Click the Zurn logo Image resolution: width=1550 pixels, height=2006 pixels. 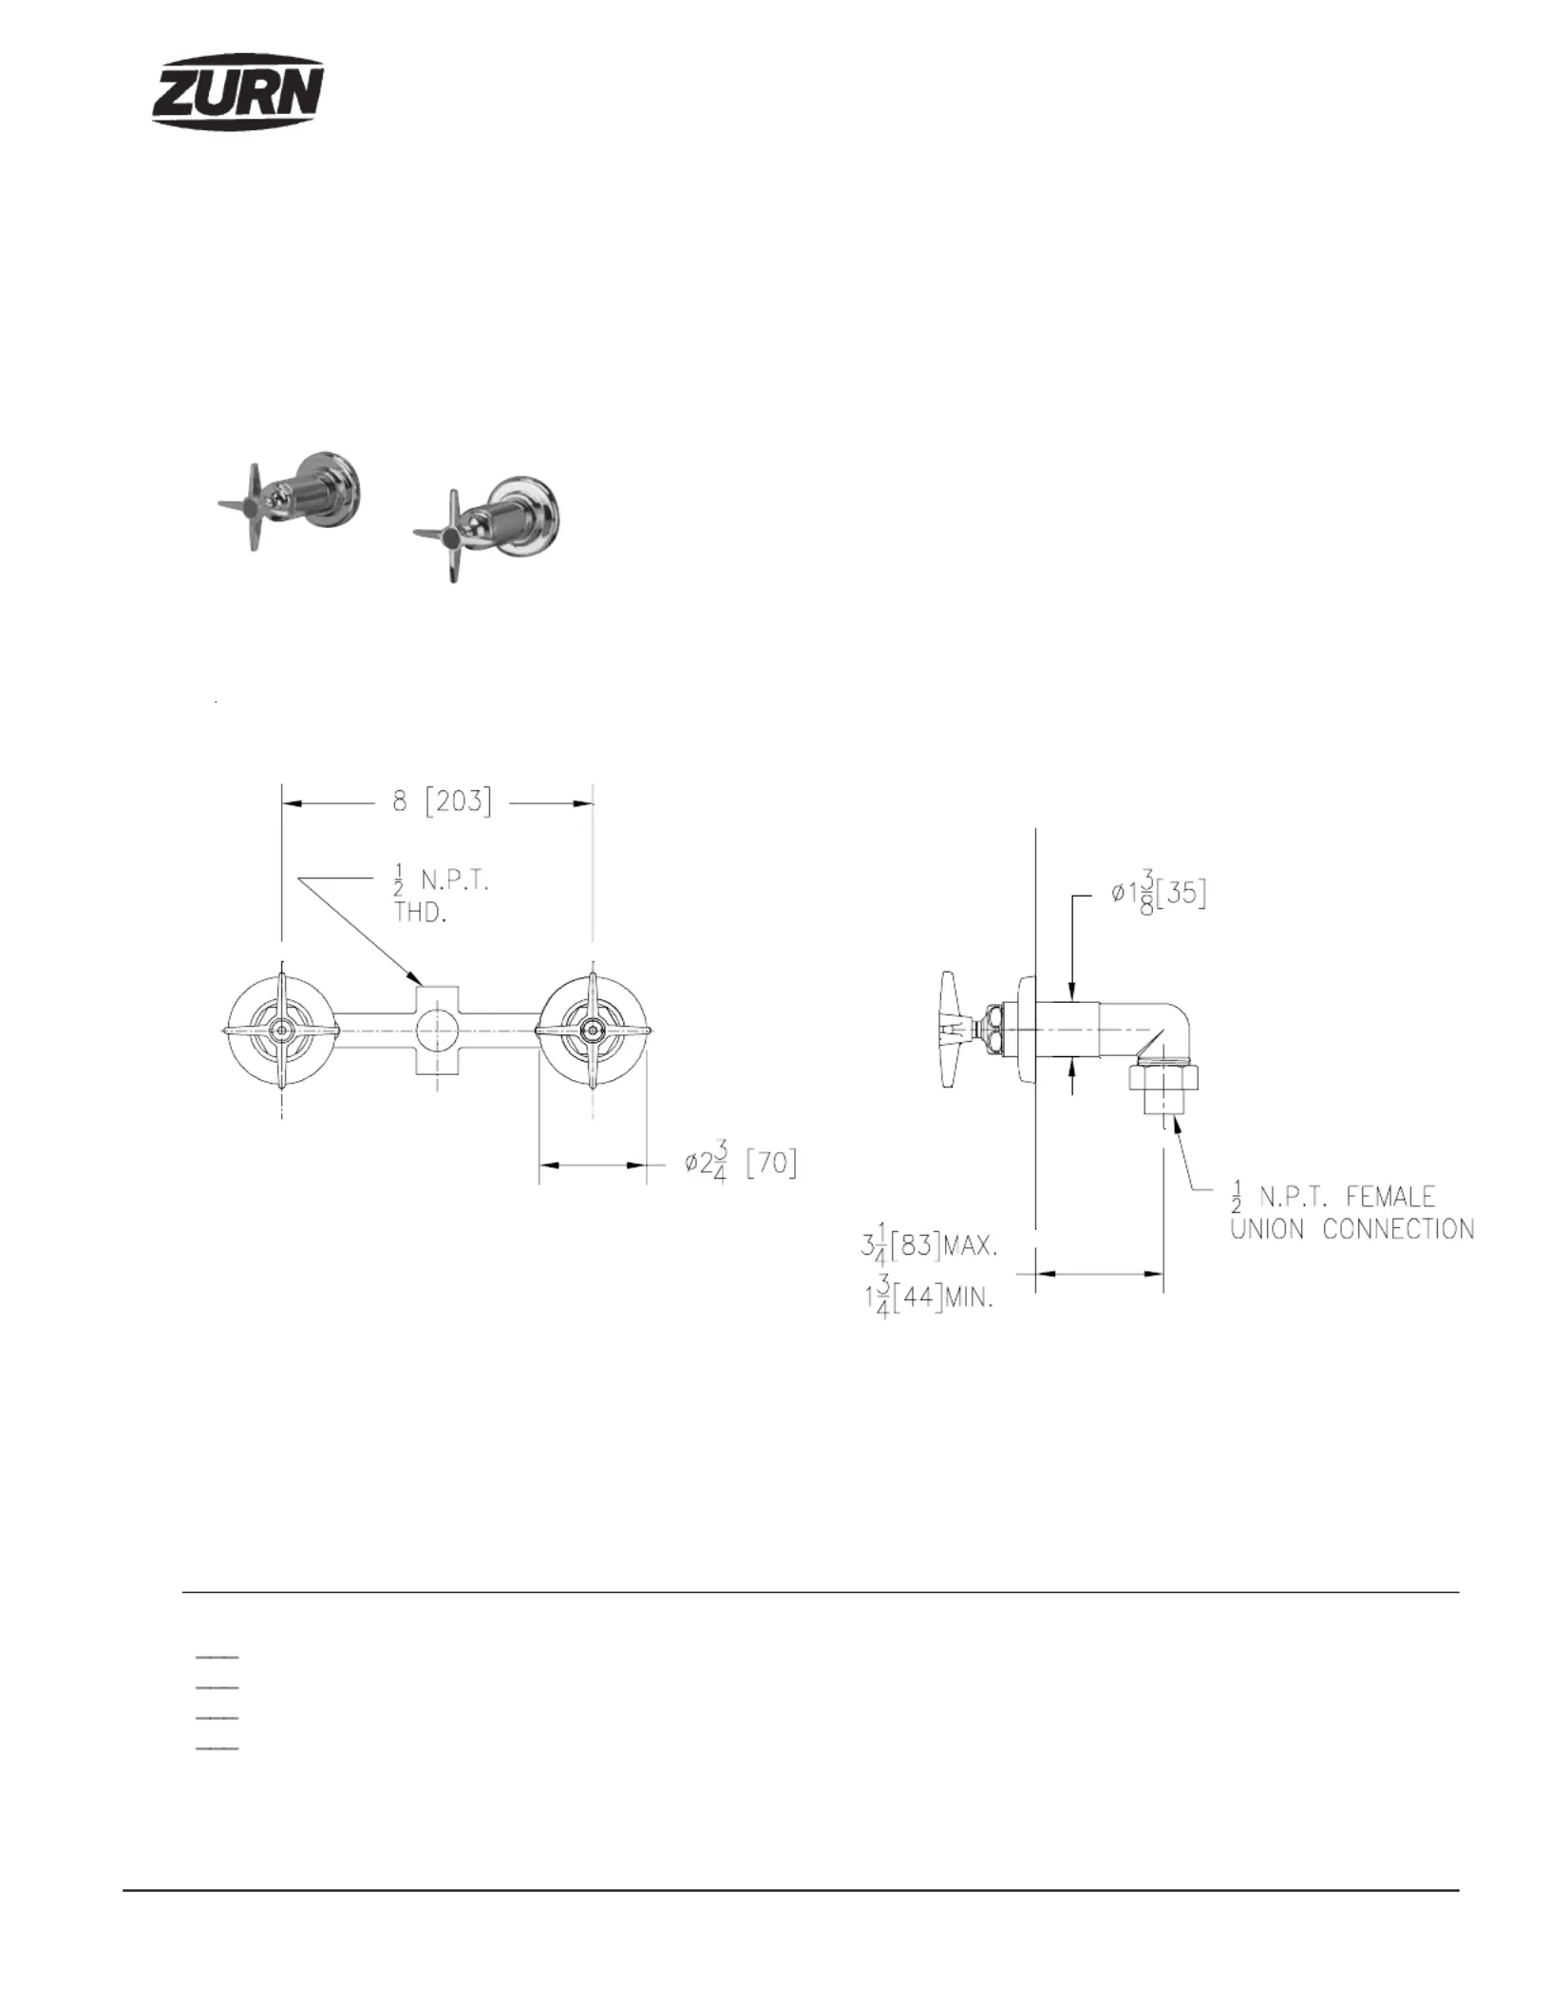point(238,90)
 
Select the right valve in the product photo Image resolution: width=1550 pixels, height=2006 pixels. point(488,527)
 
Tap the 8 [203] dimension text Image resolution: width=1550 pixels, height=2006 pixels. point(443,802)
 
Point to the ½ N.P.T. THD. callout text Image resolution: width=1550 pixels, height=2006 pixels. point(441,897)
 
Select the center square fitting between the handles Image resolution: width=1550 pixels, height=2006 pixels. point(438,1030)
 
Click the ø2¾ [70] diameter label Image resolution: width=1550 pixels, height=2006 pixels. point(741,1165)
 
